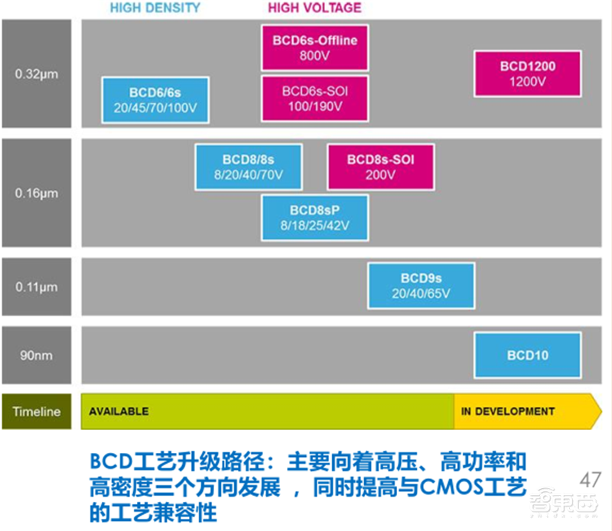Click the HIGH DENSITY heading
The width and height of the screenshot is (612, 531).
155,8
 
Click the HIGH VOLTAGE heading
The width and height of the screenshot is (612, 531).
314,8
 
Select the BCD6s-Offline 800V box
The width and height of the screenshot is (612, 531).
314,47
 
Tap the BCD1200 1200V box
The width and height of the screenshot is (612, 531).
528,73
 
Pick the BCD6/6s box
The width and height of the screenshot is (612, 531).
155,99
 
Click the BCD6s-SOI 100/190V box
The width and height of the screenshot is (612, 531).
314,97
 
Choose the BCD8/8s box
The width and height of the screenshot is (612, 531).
248,167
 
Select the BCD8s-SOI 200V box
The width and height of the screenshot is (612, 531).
380,167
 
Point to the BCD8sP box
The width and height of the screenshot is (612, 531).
314,217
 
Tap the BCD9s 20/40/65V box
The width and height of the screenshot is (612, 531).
422,285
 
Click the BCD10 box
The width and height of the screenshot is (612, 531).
527,355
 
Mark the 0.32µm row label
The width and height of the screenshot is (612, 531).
37,74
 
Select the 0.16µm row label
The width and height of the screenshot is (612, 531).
37,193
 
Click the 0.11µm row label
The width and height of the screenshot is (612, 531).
37,287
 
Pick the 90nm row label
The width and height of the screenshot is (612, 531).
37,355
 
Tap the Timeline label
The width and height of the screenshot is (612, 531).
37,411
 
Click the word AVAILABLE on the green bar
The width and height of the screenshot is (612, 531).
119,411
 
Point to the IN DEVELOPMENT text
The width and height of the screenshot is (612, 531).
507,411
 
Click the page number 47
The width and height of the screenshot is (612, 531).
590,480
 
